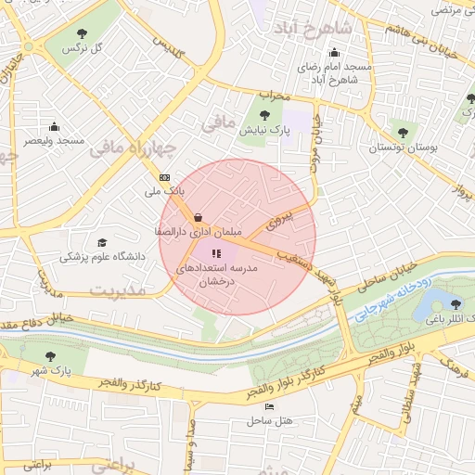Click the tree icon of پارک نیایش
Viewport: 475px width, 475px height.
pos(265,116)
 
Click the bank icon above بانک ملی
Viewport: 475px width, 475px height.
pos(164,176)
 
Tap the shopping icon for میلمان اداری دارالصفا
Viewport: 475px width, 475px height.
pos(199,218)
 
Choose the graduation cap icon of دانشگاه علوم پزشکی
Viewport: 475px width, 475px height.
pos(101,242)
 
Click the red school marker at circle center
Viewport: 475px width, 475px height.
pos(216,252)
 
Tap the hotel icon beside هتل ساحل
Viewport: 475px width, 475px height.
pos(269,406)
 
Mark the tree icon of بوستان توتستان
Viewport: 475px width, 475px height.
pos(402,133)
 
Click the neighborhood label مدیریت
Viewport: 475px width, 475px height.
pos(118,290)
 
